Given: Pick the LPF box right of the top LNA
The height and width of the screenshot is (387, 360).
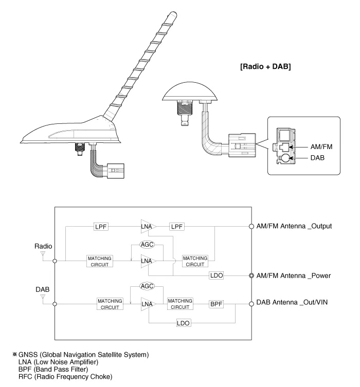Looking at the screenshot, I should point(177,226).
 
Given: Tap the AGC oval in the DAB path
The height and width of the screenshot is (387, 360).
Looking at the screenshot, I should point(148,287).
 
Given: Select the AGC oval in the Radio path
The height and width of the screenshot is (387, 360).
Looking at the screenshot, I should point(148,245).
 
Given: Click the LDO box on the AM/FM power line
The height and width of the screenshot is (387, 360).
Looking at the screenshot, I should point(217,275).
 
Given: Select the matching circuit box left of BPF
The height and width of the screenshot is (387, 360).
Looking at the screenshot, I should point(180,304).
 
